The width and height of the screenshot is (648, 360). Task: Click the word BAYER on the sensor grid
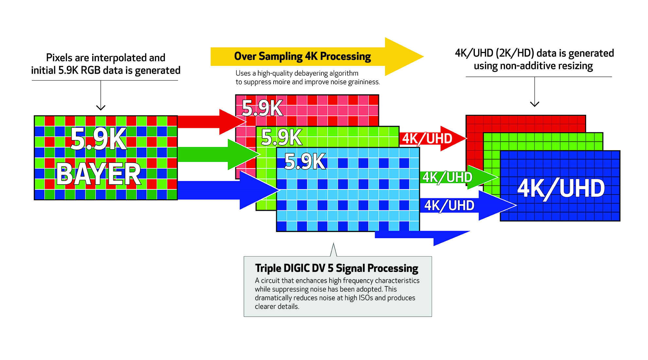[x=99, y=174]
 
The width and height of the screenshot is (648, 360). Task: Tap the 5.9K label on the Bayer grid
[x=99, y=139]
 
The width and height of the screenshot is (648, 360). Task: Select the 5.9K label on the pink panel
[x=262, y=108]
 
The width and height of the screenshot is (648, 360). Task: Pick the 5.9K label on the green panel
[x=281, y=137]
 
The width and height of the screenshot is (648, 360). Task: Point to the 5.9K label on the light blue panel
[x=305, y=161]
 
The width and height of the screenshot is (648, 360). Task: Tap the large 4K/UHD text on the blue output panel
[x=561, y=189]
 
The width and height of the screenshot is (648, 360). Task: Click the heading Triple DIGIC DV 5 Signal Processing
[x=336, y=268]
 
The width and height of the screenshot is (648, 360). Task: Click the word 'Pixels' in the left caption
[x=59, y=58]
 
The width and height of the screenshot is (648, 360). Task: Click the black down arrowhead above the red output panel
[x=534, y=104]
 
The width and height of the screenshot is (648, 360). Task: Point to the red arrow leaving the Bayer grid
[x=209, y=122]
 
